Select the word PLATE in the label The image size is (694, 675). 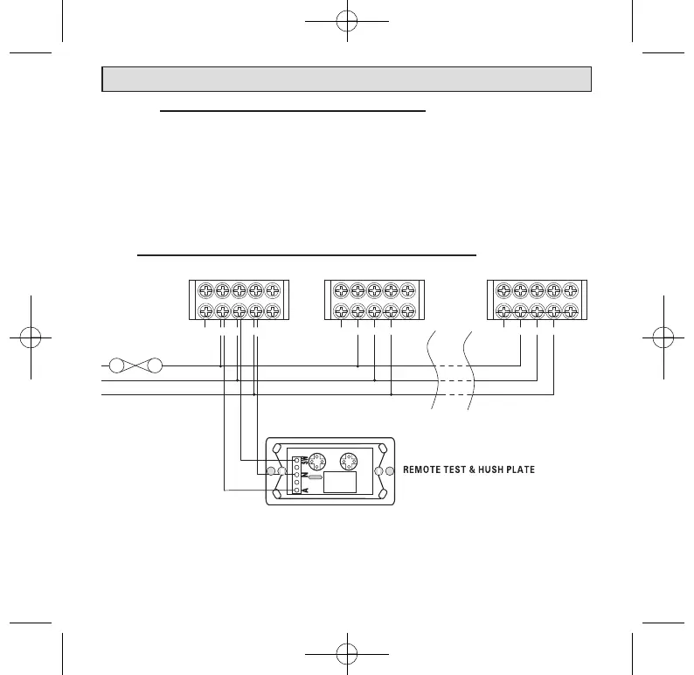pos(518,470)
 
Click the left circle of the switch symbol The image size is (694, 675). pos(114,365)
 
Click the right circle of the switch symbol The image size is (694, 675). pos(155,365)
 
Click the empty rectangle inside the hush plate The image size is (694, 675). pos(339,483)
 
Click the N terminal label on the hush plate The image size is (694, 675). pos(302,475)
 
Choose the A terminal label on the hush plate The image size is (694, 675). pos(302,490)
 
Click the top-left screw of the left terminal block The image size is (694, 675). pos(205,291)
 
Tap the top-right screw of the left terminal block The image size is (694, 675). pos(273,291)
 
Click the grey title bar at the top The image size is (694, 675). pos(347,79)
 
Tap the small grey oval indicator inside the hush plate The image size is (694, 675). pos(316,477)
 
